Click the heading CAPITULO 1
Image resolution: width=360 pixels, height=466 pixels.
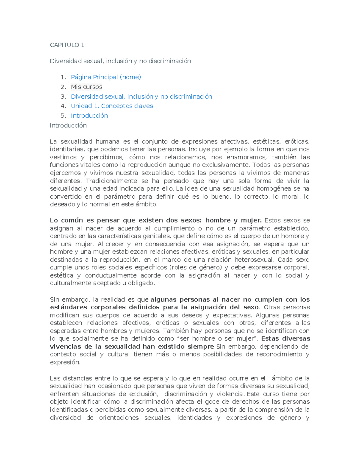pyautogui.click(x=67, y=45)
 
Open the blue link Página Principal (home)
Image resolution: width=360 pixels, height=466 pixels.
pyautogui.click(x=106, y=77)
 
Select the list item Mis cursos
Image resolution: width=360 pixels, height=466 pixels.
pyautogui.click(x=86, y=87)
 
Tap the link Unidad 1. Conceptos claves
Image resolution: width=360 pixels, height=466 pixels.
pyautogui.click(x=112, y=106)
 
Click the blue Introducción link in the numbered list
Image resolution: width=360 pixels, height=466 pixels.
pyautogui.click(x=89, y=116)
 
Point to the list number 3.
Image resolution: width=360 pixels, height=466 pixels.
pyautogui.click(x=63, y=97)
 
